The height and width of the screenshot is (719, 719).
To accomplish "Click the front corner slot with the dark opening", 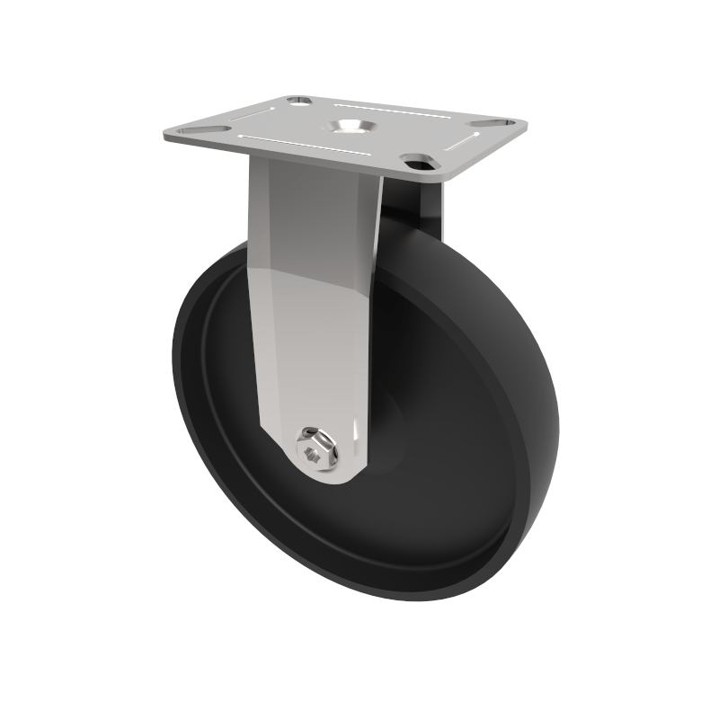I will [419, 162].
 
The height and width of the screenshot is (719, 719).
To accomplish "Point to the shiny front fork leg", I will [310, 297].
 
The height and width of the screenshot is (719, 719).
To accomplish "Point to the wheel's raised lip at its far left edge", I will [177, 377].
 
